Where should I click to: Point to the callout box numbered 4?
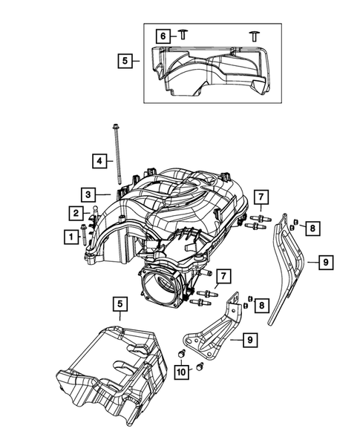(x=98, y=160)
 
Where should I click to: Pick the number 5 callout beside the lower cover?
(x=120, y=303)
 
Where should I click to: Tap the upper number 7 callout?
(x=261, y=197)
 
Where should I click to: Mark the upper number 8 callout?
(x=313, y=228)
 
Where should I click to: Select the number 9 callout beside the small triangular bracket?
(x=250, y=340)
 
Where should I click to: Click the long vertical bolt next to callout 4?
(x=118, y=160)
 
